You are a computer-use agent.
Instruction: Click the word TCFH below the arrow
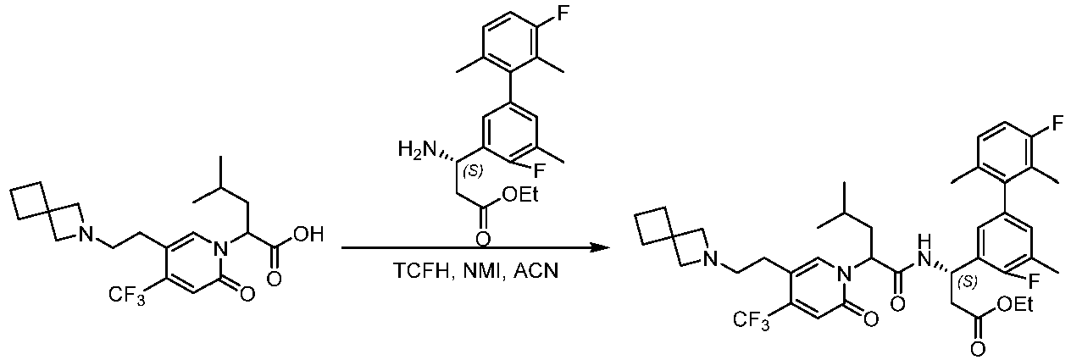(x=422, y=271)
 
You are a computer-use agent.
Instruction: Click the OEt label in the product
(x=1014, y=305)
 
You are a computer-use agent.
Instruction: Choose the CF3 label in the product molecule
(x=751, y=320)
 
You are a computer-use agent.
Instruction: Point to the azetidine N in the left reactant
(x=86, y=234)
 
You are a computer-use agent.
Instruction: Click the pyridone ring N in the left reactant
(x=220, y=248)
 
